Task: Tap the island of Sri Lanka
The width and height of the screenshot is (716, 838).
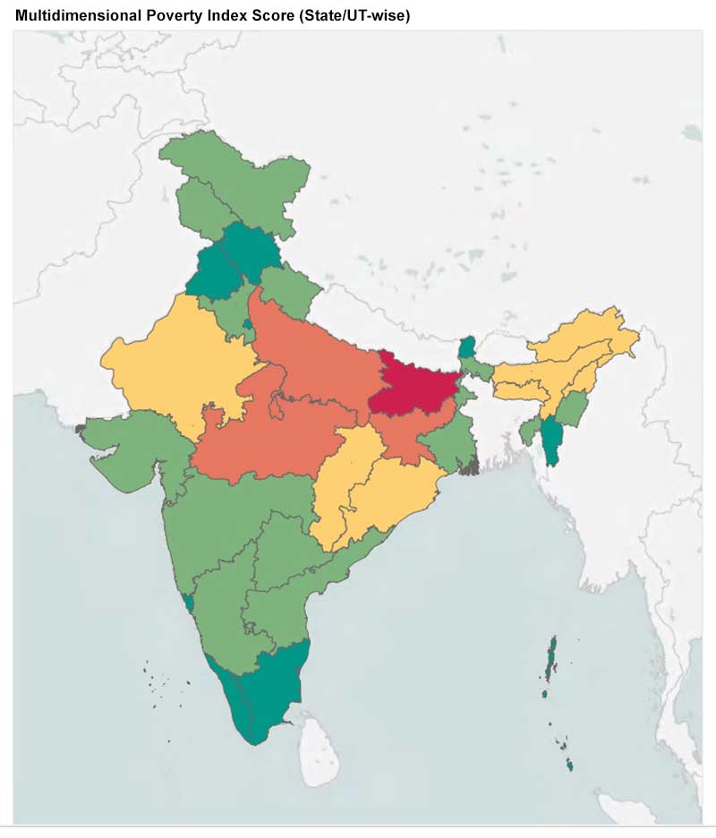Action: click(314, 738)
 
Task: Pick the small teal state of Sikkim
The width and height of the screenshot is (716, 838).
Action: click(465, 347)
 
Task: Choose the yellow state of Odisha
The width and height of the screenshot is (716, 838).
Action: click(394, 488)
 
